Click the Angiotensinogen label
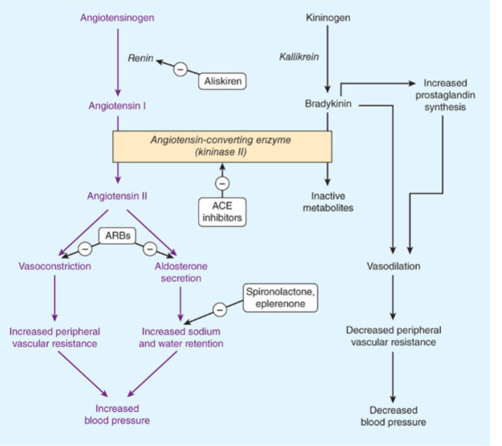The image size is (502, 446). pos(117,16)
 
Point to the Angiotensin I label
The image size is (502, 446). pos(117,105)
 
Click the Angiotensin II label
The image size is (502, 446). pos(117,196)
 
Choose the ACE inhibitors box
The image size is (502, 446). pos(221,210)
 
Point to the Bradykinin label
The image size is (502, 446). pos(329,105)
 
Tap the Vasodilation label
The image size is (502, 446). pos(393,266)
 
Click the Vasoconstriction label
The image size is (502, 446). pos(55,266)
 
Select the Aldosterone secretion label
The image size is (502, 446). pos(179,272)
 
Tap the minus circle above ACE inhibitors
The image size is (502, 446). pos(221,182)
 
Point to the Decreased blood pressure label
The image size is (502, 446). pos(393,415)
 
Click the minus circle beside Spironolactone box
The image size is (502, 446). pos(219,311)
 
